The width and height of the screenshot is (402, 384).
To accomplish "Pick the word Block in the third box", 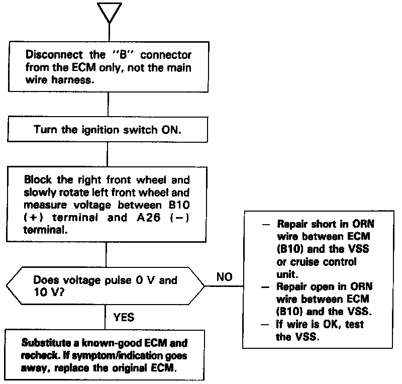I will (x=37, y=179).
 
